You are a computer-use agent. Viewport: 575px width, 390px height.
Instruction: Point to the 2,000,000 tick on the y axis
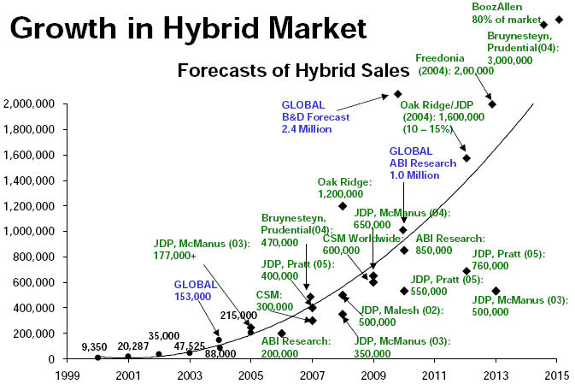click(29, 104)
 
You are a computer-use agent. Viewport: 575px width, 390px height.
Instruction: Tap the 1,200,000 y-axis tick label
click(29, 206)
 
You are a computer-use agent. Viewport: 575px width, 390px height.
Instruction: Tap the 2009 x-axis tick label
click(373, 375)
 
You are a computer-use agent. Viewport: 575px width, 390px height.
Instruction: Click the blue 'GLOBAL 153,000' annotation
click(192, 290)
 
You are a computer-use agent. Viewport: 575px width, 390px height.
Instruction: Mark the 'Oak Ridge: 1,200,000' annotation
click(344, 188)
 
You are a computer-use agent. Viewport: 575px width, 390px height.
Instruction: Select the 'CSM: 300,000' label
click(275, 300)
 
